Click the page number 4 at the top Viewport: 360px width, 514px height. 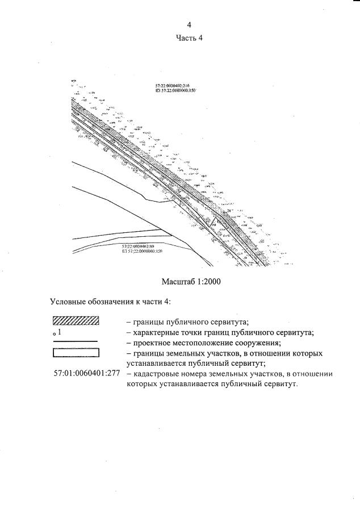point(190,25)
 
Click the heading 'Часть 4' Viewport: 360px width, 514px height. point(190,38)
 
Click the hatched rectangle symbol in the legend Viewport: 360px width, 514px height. point(76,321)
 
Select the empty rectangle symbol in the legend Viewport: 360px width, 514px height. point(76,353)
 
